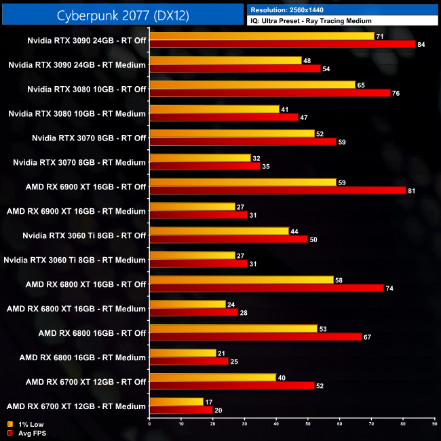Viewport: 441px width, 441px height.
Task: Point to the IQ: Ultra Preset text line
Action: [311, 21]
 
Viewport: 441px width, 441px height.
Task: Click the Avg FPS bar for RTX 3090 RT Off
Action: [282, 45]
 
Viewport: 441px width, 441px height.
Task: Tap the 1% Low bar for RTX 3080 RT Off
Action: [252, 85]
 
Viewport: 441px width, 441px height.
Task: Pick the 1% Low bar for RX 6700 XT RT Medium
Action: [176, 402]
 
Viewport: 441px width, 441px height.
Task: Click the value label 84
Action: [422, 45]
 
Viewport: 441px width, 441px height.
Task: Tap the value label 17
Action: [210, 402]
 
